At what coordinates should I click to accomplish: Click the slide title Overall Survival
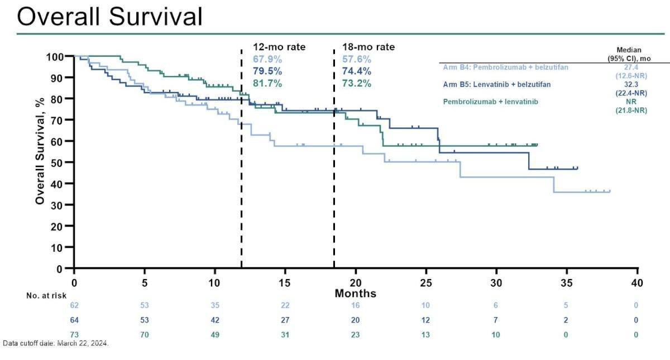click(x=109, y=17)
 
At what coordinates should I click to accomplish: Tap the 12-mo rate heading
click(x=279, y=47)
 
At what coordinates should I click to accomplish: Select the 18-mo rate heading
click(x=368, y=47)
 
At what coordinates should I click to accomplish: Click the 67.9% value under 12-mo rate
click(x=267, y=59)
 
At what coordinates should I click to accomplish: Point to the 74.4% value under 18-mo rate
click(x=356, y=71)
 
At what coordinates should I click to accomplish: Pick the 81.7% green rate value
click(x=267, y=84)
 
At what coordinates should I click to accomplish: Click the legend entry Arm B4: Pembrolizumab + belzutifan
click(x=505, y=67)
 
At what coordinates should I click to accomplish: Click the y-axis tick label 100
click(x=56, y=56)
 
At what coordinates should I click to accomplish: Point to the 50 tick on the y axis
click(x=59, y=162)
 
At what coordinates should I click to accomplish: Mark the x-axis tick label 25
click(x=427, y=282)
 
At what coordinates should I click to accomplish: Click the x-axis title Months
click(x=356, y=294)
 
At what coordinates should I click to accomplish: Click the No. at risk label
click(x=47, y=295)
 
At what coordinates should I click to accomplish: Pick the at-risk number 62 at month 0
click(x=74, y=306)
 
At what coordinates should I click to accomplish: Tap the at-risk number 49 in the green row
click(x=215, y=334)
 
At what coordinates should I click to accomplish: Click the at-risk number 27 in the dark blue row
click(x=285, y=320)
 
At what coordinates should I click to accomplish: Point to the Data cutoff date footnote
click(x=56, y=343)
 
